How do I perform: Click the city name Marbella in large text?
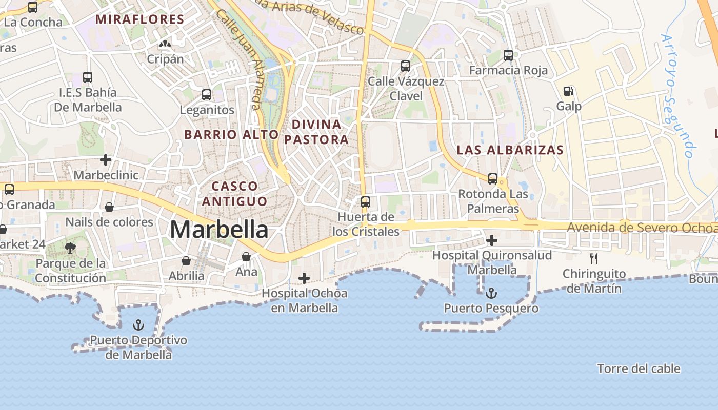click(219, 229)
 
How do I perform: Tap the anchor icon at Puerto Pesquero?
click(491, 293)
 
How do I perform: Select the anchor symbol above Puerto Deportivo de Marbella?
click(138, 324)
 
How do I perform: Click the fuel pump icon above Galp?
click(568, 91)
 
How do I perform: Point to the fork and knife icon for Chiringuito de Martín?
click(594, 259)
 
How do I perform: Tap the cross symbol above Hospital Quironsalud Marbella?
click(492, 240)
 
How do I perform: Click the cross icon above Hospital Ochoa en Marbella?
click(304, 278)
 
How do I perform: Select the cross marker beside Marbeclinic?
click(106, 160)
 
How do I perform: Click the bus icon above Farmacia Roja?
click(508, 55)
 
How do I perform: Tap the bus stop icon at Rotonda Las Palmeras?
click(493, 179)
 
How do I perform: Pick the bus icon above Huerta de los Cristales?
click(366, 202)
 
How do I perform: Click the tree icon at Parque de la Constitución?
click(70, 248)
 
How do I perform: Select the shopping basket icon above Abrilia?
click(186, 261)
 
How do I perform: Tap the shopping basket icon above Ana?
click(246, 256)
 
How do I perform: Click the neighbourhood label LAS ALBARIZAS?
click(510, 150)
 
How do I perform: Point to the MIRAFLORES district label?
click(140, 19)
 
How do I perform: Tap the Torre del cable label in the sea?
click(639, 368)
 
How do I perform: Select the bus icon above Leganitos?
click(207, 95)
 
